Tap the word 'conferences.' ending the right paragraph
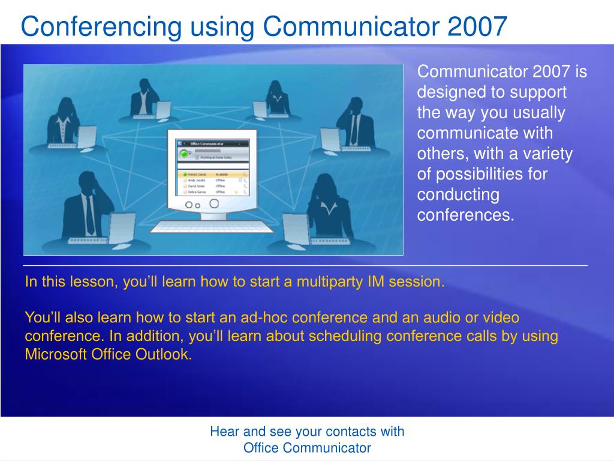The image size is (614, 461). [466, 215]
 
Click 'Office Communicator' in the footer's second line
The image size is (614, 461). [307, 448]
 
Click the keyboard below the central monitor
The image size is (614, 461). [212, 226]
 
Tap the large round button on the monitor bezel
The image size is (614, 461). [213, 203]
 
